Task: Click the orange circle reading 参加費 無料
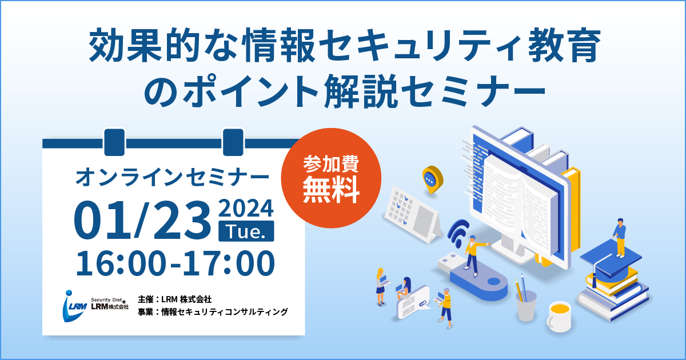click(331, 178)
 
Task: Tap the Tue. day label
click(246, 231)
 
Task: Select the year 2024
click(246, 208)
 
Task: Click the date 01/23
click(142, 220)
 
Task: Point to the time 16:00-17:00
click(175, 263)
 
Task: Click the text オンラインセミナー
click(172, 177)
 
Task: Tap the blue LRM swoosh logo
click(74, 306)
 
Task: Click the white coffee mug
click(559, 317)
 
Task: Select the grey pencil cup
click(526, 305)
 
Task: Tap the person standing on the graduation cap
click(620, 238)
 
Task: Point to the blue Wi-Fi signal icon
click(458, 233)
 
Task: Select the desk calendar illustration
click(413, 214)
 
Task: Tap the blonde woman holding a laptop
click(381, 286)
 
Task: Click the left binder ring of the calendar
click(114, 142)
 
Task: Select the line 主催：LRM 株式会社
click(174, 299)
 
